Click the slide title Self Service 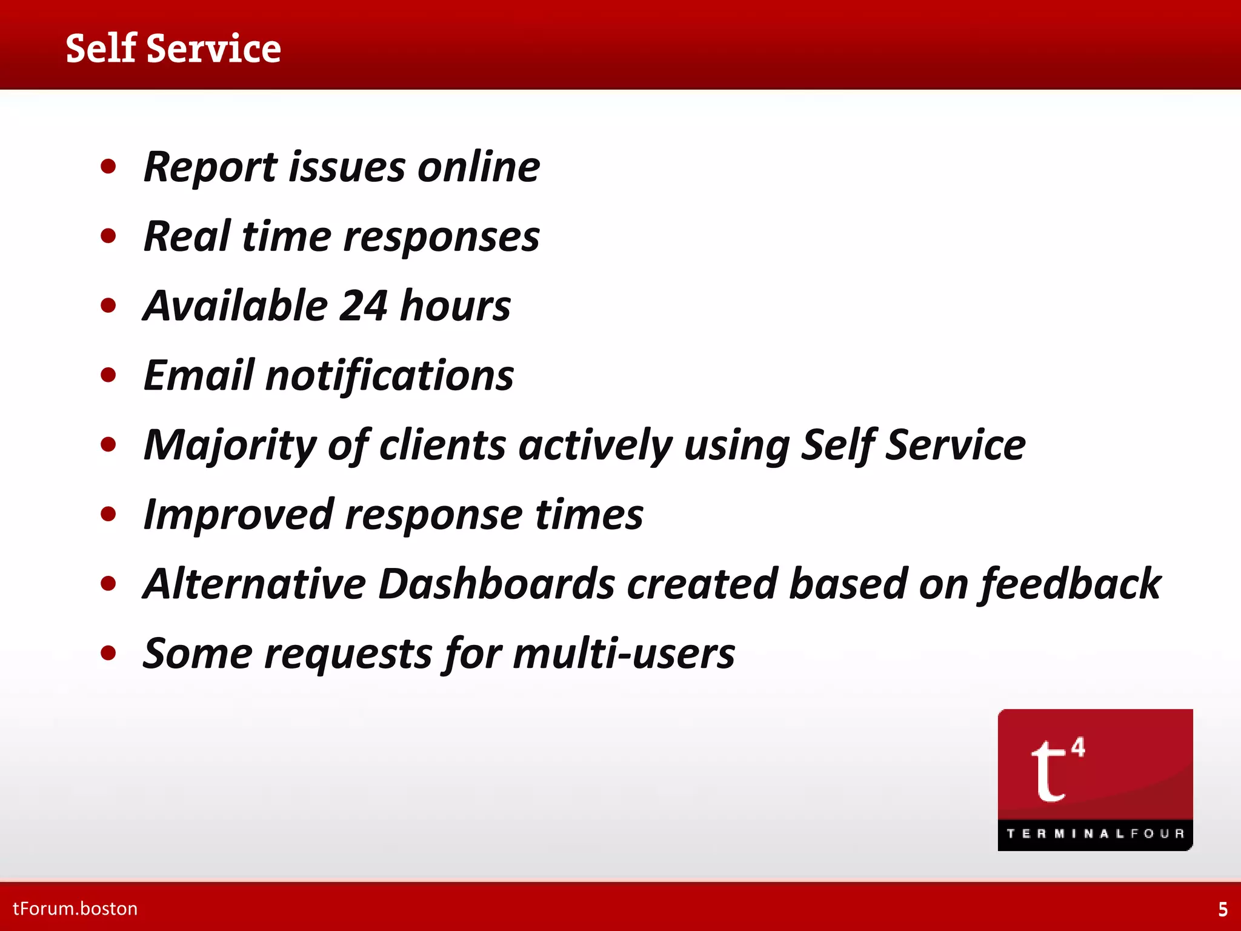173,48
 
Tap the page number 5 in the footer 1223,909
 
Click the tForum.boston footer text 75,909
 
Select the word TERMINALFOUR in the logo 1095,833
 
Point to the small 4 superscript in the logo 1078,747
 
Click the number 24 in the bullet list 363,305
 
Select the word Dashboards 496,584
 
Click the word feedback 1070,584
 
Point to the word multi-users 624,654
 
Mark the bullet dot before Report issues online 108,167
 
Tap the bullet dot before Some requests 108,653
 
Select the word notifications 390,375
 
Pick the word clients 442,445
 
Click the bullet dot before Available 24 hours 108,305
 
